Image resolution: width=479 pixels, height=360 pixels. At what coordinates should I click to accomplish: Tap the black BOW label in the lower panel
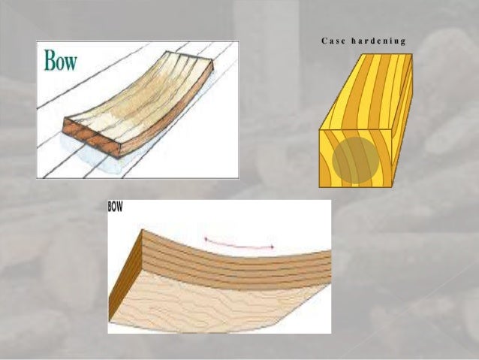coord(116,206)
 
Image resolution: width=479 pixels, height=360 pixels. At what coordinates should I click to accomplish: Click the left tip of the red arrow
coord(206,240)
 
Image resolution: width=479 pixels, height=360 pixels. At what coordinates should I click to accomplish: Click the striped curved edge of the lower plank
coord(240,263)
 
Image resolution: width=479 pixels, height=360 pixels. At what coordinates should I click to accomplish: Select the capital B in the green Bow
coord(51,60)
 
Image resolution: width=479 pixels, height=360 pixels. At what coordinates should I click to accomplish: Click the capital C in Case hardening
coord(323,41)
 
